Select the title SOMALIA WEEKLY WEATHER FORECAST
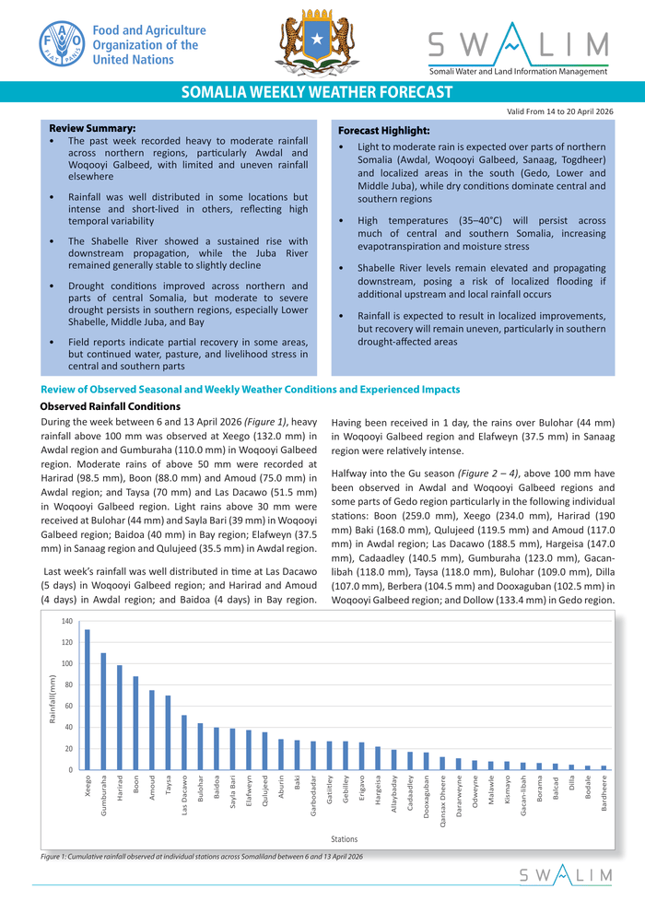(x=317, y=92)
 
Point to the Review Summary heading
(x=92, y=127)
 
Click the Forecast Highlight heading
(x=384, y=131)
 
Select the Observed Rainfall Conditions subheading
(x=111, y=407)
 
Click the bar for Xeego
(x=88, y=699)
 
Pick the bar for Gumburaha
(x=103, y=711)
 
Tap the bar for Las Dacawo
(x=183, y=742)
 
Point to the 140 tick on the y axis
(x=66, y=622)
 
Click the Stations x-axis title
(x=345, y=839)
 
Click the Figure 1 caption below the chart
(x=202, y=857)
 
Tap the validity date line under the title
(x=559, y=111)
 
